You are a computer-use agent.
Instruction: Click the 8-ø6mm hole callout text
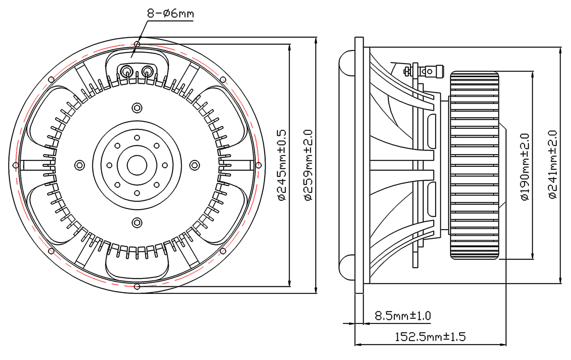(170, 14)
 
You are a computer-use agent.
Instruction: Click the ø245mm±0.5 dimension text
(282, 165)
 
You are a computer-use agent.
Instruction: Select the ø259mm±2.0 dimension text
(308, 165)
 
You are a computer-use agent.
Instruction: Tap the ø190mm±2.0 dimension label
(525, 167)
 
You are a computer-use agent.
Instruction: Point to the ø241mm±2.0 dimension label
(553, 165)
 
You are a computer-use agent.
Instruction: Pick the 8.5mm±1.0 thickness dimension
(402, 316)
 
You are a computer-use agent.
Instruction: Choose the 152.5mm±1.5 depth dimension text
(430, 337)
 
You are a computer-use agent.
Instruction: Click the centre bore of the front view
(137, 165)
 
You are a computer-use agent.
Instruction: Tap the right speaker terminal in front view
(147, 71)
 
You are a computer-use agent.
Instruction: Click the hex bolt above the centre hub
(137, 108)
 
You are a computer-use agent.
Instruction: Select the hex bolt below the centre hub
(137, 222)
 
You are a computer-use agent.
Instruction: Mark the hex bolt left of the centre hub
(80, 165)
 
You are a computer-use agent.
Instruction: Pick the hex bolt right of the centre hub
(194, 165)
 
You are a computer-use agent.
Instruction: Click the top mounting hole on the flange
(137, 44)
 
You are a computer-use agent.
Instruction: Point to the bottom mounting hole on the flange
(137, 287)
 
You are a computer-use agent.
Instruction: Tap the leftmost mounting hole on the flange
(15, 165)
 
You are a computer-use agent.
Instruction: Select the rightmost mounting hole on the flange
(258, 165)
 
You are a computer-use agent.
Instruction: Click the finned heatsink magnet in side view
(474, 165)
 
